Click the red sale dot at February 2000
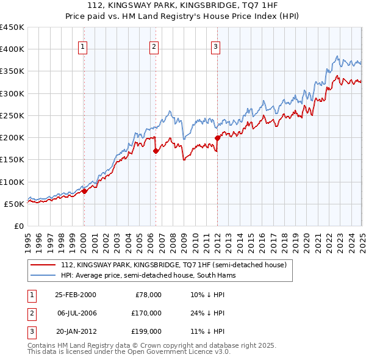click(84, 191)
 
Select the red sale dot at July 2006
click(156, 151)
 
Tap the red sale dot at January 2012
click(217, 138)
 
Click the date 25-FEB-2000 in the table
click(76, 295)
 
